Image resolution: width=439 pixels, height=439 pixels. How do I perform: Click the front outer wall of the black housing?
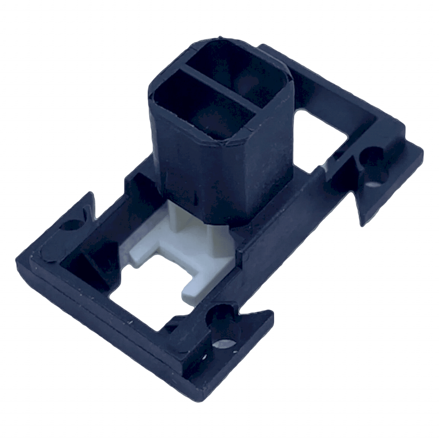(193, 171)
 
